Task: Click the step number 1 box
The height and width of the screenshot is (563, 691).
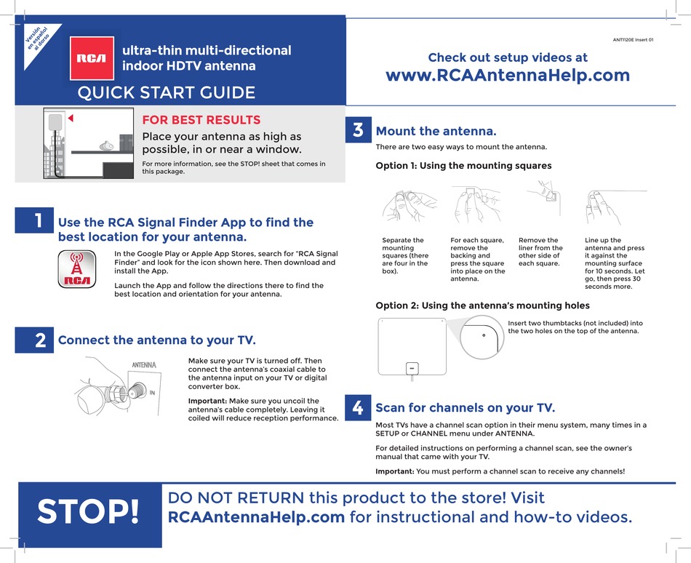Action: coord(34,222)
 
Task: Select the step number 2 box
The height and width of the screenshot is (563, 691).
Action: coord(34,340)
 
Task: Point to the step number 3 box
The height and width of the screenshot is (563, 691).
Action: coord(357,131)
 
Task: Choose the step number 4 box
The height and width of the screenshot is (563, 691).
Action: coord(357,408)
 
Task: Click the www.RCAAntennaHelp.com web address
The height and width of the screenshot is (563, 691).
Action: coord(507,76)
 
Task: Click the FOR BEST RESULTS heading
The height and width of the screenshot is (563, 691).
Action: coord(201,120)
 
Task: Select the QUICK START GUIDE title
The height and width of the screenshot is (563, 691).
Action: coord(167,92)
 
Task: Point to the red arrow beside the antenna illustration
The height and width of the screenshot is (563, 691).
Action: coord(71,118)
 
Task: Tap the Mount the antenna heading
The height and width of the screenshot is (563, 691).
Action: coord(436,132)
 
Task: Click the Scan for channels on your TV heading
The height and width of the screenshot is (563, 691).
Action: coord(465,407)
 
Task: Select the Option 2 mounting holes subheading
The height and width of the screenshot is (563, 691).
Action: coord(482,306)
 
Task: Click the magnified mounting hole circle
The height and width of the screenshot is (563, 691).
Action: coord(480,338)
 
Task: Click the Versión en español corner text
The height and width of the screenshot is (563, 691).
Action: coord(36,39)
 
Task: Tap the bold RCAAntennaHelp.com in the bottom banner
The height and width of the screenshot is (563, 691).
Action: coord(256,517)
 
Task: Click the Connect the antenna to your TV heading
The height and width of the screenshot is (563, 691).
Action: coord(156,340)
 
